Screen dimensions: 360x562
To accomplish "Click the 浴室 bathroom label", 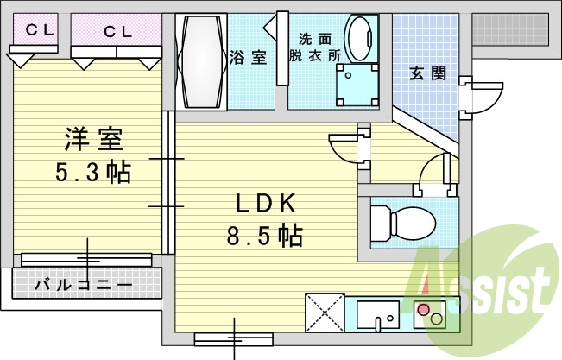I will tap(248, 58).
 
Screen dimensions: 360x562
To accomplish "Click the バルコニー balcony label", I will tap(83, 284).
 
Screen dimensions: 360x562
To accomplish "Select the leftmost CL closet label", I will tap(39, 29).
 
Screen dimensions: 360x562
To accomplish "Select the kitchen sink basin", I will tap(378, 314).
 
